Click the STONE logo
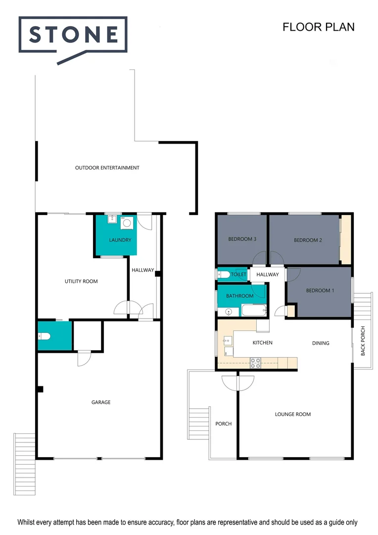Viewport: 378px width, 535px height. pyautogui.click(x=73, y=35)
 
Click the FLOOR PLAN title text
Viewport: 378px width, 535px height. pyautogui.click(x=318, y=27)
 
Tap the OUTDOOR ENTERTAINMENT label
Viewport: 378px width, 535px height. pyautogui.click(x=107, y=168)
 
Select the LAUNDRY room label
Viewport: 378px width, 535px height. pyautogui.click(x=120, y=240)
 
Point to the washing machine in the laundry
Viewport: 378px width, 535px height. pyautogui.click(x=127, y=223)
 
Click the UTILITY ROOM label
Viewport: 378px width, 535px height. pyautogui.click(x=81, y=281)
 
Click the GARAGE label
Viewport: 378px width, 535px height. pyautogui.click(x=100, y=402)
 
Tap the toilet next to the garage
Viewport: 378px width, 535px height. pyautogui.click(x=43, y=336)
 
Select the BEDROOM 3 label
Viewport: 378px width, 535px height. pyautogui.click(x=242, y=239)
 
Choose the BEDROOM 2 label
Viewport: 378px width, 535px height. pyautogui.click(x=308, y=240)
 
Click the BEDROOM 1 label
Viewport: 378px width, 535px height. pyautogui.click(x=320, y=291)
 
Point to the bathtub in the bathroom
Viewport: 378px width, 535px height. pyautogui.click(x=253, y=311)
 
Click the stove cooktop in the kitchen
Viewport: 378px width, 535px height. pyautogui.click(x=256, y=363)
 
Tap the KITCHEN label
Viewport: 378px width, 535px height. pyautogui.click(x=262, y=343)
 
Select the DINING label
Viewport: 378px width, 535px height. pyautogui.click(x=321, y=343)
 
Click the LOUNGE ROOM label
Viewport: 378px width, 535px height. pyautogui.click(x=293, y=414)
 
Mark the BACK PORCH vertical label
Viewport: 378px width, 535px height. pyautogui.click(x=363, y=341)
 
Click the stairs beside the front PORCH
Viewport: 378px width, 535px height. pyautogui.click(x=200, y=424)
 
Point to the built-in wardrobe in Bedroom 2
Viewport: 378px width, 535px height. pyautogui.click(x=345, y=239)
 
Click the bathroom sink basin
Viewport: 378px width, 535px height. pyautogui.click(x=228, y=312)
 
